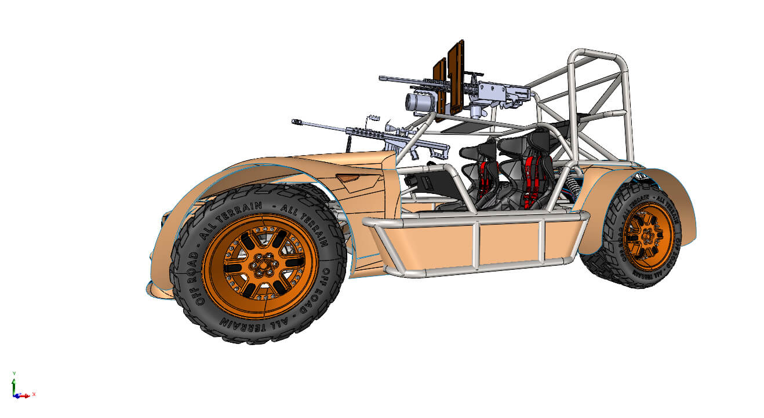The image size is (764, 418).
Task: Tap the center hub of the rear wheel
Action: (648, 236)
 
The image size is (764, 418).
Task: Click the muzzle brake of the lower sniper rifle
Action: (299, 122)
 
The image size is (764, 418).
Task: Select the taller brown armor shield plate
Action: (456, 75)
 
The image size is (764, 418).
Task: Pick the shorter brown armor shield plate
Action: (440, 86)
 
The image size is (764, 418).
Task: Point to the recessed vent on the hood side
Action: (354, 181)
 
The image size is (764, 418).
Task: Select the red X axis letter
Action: (34, 394)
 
